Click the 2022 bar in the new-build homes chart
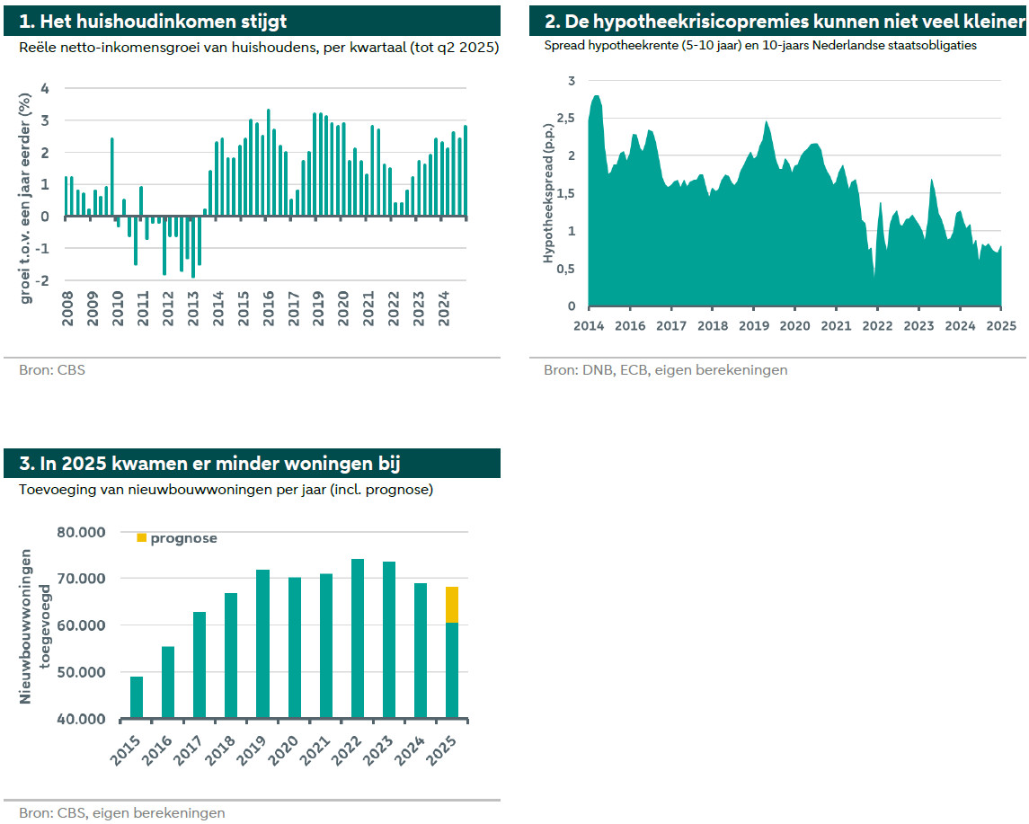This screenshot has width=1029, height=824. coord(358,639)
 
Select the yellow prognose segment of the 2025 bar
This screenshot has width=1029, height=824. coord(452,604)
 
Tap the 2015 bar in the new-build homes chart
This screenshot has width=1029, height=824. coord(137,697)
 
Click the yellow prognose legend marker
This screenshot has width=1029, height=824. coord(141,537)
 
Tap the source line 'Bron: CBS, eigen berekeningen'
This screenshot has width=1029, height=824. coord(122,812)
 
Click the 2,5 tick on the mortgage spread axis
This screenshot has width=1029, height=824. coord(565,119)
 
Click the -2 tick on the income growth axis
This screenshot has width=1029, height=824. coord(42,280)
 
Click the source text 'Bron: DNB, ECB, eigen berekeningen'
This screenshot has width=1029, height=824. coord(665,369)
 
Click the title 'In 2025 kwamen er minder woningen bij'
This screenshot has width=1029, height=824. coord(209,463)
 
